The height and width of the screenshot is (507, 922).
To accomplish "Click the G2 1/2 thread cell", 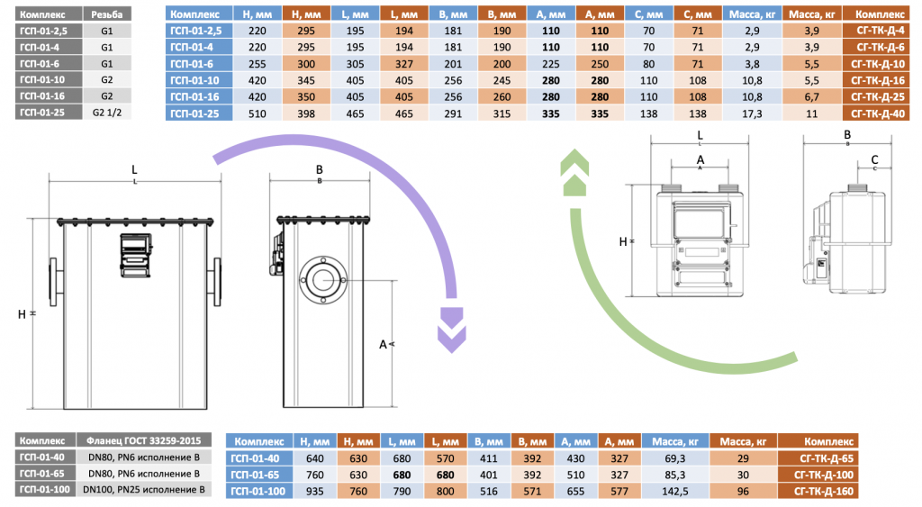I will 106,113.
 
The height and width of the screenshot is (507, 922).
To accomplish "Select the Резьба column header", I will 106,15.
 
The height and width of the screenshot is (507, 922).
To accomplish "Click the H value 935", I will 316,491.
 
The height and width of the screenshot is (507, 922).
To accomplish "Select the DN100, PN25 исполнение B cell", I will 144,490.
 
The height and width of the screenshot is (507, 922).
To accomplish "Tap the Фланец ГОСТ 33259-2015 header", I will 144,441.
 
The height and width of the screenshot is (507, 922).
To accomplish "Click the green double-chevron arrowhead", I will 573,174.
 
